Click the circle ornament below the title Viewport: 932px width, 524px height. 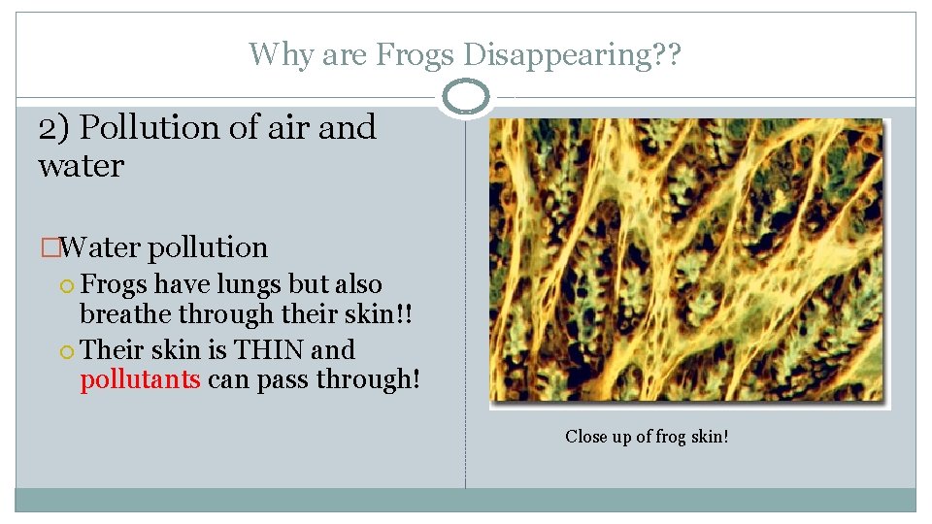coord(465,97)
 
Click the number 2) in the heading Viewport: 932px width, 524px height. coord(55,127)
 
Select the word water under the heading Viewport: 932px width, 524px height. coord(82,166)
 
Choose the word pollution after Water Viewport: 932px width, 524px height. coord(208,247)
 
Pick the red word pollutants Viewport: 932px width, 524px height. coord(140,378)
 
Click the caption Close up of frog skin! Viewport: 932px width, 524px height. coord(647,437)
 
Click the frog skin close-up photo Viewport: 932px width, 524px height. coord(686,259)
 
